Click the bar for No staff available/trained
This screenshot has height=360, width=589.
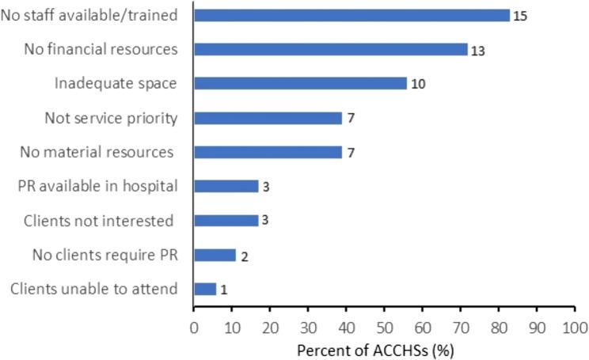click(x=351, y=15)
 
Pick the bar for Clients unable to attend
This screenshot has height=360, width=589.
click(x=204, y=289)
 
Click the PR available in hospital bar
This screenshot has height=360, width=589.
click(x=226, y=186)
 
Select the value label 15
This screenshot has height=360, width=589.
click(x=520, y=16)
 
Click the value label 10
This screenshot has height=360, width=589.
click(x=419, y=84)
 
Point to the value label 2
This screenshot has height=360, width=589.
click(x=245, y=256)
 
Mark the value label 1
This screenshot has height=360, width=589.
click(x=224, y=290)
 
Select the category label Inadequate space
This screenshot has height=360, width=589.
click(x=116, y=83)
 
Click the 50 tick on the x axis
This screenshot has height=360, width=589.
click(x=385, y=326)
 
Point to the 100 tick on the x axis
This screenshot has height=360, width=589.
click(x=576, y=326)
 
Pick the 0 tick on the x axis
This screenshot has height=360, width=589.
click(x=193, y=326)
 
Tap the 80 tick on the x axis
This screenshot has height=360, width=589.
click(x=500, y=326)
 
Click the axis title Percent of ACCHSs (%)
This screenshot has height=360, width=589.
click(x=383, y=347)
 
